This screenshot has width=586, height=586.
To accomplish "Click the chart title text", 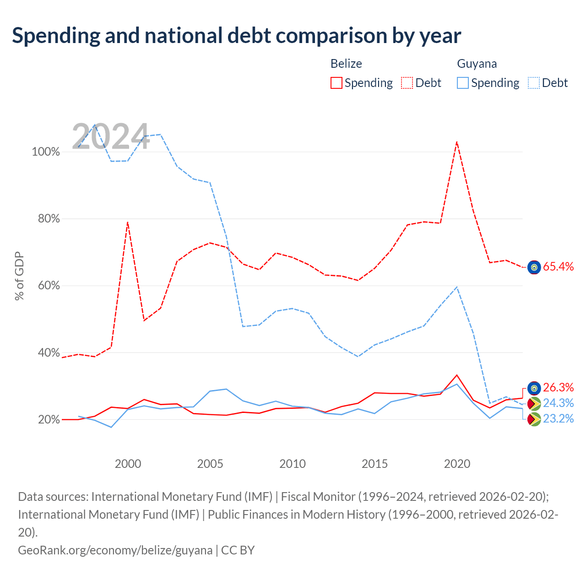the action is [236, 36].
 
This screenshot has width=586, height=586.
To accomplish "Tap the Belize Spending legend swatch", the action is [336, 83].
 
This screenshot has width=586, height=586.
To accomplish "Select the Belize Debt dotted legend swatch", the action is [407, 83].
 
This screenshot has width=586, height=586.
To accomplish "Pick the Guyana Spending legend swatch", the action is [462, 83].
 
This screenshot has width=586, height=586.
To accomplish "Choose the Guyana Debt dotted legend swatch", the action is [533, 83].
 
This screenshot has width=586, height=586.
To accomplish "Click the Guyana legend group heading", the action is [477, 64].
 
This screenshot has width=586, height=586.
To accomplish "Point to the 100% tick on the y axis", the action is [46, 152].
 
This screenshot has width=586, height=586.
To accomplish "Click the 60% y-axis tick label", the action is [49, 286].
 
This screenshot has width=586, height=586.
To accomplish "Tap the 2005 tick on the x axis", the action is [210, 464].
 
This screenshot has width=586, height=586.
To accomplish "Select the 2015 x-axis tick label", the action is [374, 464].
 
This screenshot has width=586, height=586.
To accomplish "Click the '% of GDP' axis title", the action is [19, 276].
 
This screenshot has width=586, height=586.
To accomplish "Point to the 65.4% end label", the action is [558, 266].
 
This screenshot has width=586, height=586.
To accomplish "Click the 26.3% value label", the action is [558, 387].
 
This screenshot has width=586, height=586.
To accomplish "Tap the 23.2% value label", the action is [558, 419].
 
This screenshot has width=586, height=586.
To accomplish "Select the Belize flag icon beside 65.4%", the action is [534, 267].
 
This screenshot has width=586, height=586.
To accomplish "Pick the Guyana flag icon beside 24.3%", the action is [534, 404].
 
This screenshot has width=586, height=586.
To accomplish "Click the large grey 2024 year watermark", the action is [111, 136].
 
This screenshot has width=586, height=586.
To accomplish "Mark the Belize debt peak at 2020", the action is [456, 142].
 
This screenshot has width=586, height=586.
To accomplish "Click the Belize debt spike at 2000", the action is [128, 222].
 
